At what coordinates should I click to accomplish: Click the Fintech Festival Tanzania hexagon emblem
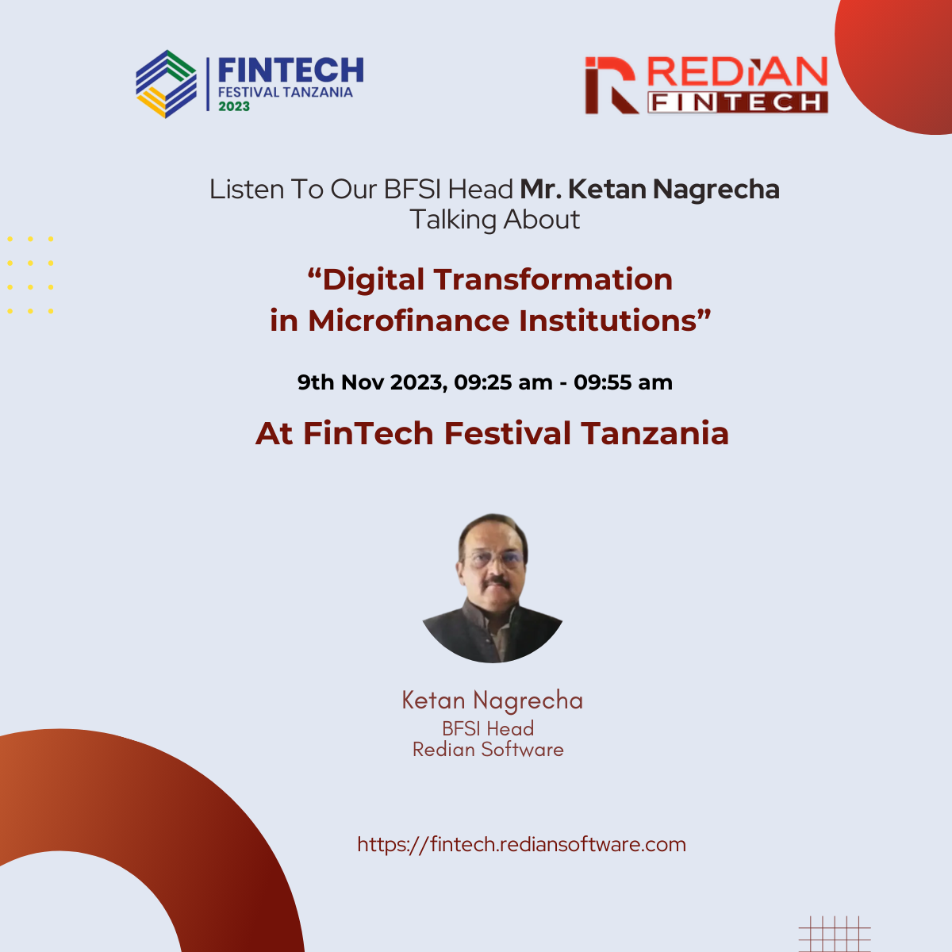pos(166,84)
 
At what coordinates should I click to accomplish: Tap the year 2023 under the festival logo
pos(234,106)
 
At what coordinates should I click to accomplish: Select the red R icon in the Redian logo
pos(610,85)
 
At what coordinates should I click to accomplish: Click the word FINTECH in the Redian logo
pos(737,102)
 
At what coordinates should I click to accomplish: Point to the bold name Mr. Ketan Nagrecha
pos(650,190)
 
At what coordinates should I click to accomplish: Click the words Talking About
pos(495,220)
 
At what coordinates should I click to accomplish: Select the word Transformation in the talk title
pos(553,280)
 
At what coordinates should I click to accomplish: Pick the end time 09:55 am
pos(624,382)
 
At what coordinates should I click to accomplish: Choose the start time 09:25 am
pos(504,382)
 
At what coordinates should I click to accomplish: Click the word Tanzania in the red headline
pos(654,434)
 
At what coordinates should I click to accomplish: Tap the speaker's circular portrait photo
pos(493,588)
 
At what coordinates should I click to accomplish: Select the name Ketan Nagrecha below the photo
pos(492,701)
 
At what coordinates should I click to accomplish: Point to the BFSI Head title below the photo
pos(488,728)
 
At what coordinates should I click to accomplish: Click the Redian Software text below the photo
pos(488,750)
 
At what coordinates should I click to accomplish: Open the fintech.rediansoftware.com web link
pos(521,844)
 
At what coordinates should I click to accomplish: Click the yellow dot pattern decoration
pos(30,274)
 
